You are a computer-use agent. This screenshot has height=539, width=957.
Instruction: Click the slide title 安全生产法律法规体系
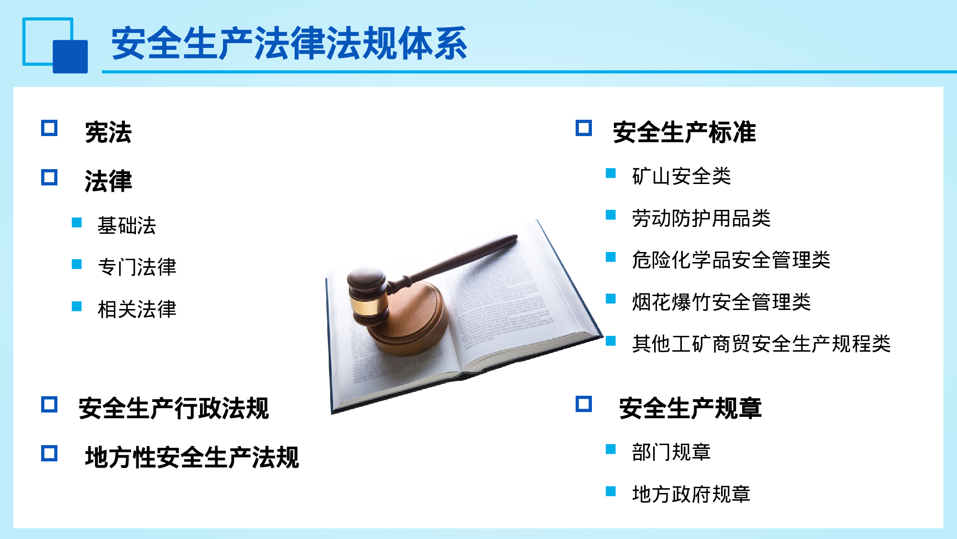tap(289, 44)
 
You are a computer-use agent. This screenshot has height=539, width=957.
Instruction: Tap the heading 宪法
tap(108, 132)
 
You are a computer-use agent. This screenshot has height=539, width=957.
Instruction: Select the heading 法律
tap(108, 181)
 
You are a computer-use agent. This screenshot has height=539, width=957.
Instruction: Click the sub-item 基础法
tap(127, 225)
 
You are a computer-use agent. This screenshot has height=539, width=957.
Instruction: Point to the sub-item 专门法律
tap(137, 267)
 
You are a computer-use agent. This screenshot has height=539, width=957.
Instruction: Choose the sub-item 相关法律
tap(137, 309)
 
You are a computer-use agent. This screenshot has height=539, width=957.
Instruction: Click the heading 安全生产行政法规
tap(174, 408)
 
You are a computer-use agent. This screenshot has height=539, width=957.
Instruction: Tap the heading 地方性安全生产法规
tap(192, 457)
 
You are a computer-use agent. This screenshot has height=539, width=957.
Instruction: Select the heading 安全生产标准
tap(684, 132)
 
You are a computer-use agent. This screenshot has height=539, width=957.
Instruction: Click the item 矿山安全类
tap(681, 176)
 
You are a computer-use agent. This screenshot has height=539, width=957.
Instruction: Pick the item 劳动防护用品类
tap(701, 218)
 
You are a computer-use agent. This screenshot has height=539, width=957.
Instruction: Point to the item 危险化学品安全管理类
tap(731, 260)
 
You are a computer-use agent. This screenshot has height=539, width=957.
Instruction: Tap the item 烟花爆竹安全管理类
tap(721, 302)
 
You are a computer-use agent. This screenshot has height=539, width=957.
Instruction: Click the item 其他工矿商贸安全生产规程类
tap(761, 344)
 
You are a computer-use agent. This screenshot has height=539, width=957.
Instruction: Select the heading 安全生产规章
tap(690, 408)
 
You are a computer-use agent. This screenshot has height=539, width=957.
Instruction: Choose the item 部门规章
tap(671, 452)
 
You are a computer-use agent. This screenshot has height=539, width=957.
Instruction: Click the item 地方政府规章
tap(691, 494)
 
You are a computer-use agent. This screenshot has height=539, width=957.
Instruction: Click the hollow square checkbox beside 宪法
tap(49, 128)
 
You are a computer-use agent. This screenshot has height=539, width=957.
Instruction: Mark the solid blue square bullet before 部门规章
tap(611, 449)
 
